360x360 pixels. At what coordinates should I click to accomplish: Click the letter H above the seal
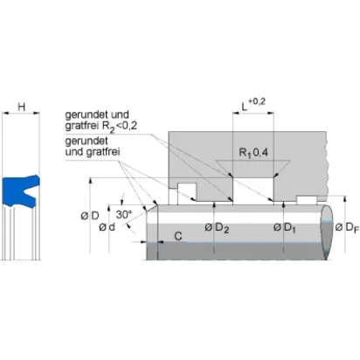22,107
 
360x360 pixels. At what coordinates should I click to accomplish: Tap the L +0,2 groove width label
253,105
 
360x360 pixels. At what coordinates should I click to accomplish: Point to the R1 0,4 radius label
253,153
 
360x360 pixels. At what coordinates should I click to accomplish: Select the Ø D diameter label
90,216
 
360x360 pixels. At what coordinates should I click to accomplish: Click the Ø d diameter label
107,227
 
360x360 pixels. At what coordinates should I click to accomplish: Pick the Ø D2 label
217,228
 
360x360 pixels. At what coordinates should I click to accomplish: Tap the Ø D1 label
285,228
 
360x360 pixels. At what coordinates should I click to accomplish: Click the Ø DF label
347,227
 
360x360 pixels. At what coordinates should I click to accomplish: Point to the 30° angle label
124,215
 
